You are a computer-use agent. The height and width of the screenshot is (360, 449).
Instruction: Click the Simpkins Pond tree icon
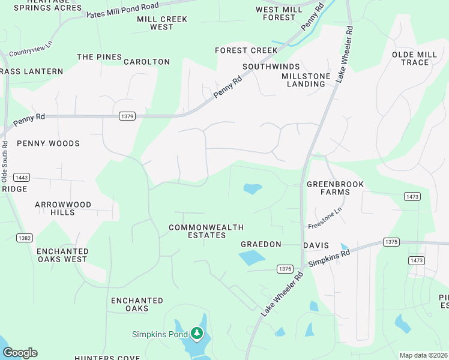click(197, 333)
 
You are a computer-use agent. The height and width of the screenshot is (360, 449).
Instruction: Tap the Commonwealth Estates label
click(197, 231)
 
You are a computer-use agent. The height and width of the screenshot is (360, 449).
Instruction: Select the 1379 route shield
click(127, 116)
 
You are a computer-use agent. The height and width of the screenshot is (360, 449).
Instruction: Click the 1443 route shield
click(22, 178)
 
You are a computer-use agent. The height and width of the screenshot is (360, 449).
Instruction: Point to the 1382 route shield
click(25, 238)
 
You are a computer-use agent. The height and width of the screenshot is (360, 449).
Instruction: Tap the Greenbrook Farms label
click(335, 188)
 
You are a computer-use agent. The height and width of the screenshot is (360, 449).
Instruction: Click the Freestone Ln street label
click(325, 217)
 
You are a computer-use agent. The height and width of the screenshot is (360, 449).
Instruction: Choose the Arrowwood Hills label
click(63, 208)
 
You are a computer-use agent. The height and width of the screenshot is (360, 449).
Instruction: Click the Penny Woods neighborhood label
click(48, 143)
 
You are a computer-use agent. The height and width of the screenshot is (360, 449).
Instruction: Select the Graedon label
click(261, 244)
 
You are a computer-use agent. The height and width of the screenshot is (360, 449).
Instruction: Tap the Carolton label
click(146, 62)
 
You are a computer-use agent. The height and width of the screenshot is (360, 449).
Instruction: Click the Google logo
click(20, 353)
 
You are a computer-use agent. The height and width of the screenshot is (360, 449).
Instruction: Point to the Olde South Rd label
click(5, 162)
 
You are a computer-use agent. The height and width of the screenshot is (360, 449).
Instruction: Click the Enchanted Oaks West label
click(62, 255)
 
